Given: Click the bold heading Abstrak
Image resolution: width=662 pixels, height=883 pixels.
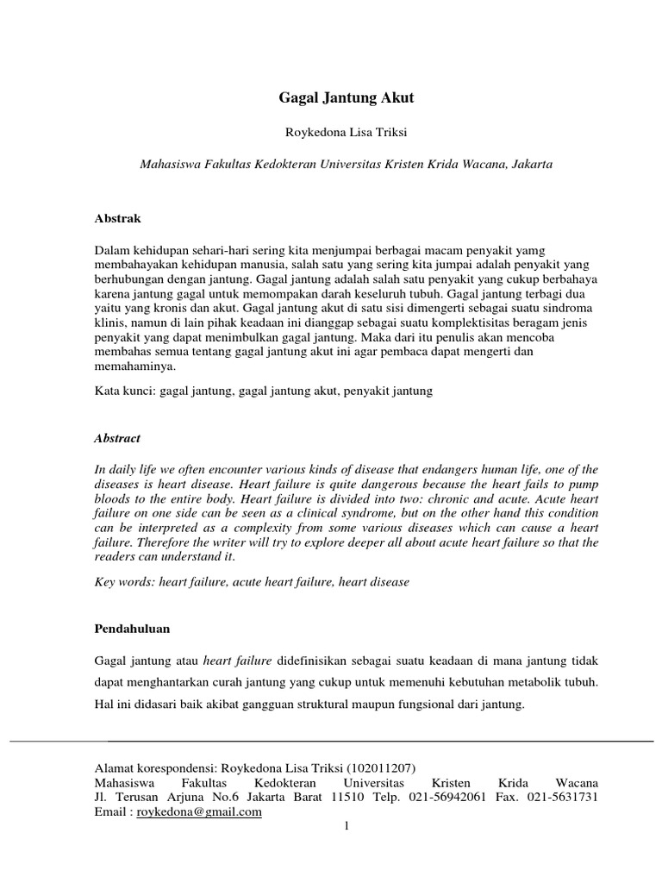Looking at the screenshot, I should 117,219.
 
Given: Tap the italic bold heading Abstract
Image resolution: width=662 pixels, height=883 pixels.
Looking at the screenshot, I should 117,438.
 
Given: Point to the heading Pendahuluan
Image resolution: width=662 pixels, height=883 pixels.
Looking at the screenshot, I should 132,629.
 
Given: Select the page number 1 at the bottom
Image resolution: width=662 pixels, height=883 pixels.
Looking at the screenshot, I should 346,827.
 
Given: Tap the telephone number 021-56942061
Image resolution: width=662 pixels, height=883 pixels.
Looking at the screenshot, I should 446,797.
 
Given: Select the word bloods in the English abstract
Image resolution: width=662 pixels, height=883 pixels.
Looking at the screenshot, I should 113,499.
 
